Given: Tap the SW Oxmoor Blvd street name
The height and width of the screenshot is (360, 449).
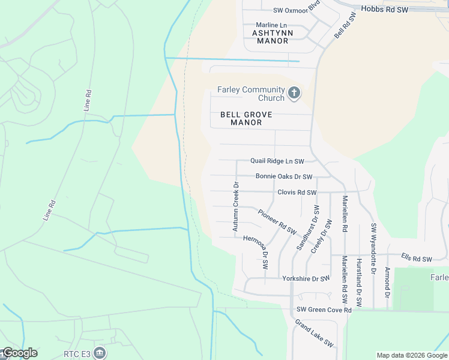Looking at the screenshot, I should [x=297, y=9].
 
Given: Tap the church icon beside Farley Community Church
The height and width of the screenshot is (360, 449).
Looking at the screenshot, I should [x=294, y=93].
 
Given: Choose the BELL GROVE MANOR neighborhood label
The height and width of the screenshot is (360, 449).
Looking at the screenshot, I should [x=246, y=118].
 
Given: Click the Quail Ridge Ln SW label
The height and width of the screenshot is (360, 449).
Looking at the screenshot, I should [x=277, y=161].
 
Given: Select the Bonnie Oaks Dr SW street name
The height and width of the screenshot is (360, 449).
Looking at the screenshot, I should [x=284, y=176].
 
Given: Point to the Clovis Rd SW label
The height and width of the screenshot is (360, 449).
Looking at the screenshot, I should [x=297, y=193].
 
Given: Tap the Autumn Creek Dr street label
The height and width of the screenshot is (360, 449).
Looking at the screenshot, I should [x=236, y=207].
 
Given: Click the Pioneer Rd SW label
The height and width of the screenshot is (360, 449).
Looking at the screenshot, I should [x=277, y=221].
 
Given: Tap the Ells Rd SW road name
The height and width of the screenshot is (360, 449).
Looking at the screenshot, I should [x=417, y=259].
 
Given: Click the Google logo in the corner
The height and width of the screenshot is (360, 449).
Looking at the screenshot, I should [x=19, y=353].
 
